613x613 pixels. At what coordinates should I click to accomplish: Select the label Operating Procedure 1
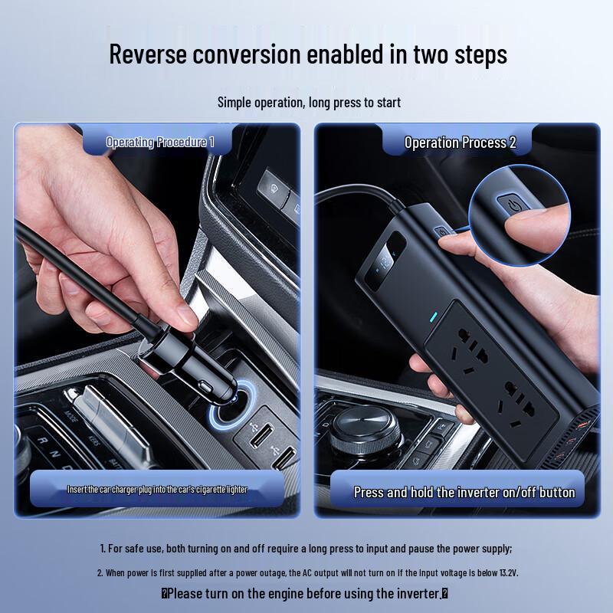click(159, 142)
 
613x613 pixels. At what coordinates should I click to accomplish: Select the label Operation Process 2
click(460, 143)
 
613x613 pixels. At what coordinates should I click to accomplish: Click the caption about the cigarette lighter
click(157, 489)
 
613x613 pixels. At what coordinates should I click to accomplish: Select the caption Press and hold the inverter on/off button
click(464, 492)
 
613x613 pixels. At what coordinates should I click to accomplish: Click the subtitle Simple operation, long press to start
click(309, 102)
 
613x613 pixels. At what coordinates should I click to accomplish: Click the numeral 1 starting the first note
click(103, 549)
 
